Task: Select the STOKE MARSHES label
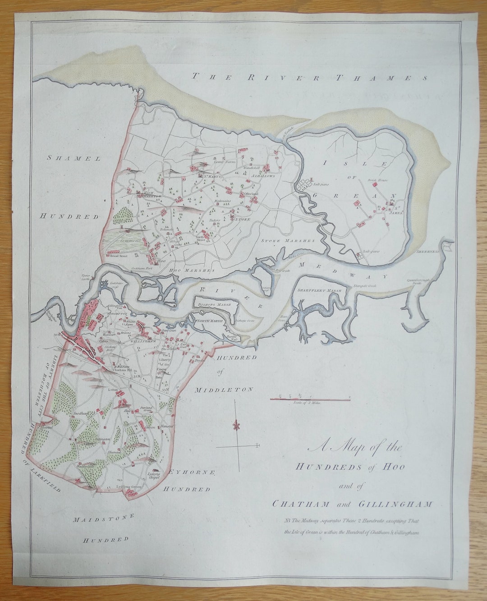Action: click(287, 241)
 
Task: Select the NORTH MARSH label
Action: click(210, 321)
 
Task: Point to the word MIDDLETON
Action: click(224, 389)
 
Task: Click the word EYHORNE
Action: click(191, 472)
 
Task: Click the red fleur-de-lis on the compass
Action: click(234, 426)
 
